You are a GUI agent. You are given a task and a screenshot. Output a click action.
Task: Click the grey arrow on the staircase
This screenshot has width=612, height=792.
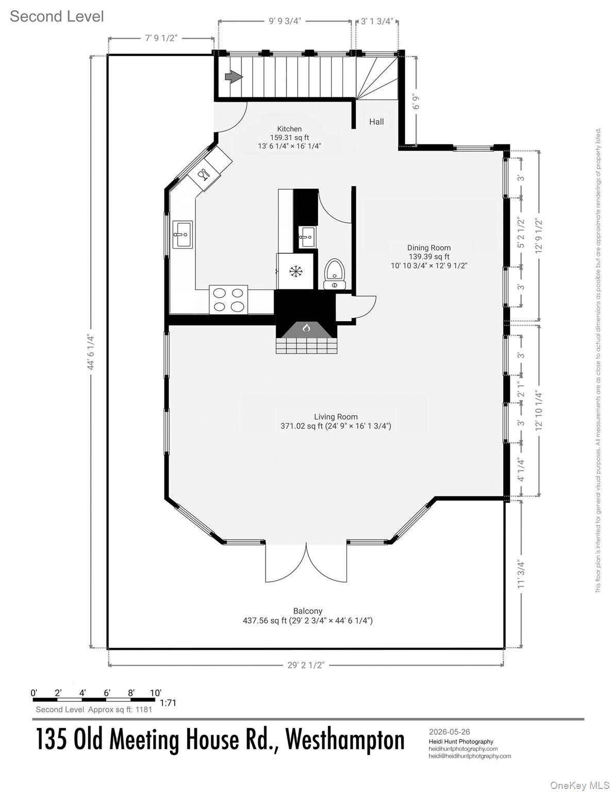[x=234, y=77]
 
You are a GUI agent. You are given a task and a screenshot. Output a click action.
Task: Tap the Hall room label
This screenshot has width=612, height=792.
[x=376, y=122]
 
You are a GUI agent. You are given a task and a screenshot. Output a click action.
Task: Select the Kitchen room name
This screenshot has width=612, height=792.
[x=289, y=129]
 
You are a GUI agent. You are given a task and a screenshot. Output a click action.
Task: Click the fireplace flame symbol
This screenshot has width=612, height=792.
[x=306, y=328]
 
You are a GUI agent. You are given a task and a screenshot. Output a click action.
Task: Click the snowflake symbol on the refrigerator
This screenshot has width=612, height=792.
[x=296, y=271]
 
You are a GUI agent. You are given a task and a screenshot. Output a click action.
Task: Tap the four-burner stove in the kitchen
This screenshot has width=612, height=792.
[x=228, y=299]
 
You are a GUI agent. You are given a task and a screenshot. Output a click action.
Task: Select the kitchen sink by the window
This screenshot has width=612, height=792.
[x=183, y=235]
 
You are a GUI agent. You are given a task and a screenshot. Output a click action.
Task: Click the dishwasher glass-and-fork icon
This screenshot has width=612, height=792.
[x=204, y=175]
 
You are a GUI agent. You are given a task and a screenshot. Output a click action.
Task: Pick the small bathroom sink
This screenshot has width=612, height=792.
[x=306, y=236]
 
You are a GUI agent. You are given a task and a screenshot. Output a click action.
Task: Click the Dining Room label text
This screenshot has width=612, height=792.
[x=429, y=248]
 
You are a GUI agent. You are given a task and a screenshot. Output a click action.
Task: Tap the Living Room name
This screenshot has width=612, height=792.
[x=336, y=417]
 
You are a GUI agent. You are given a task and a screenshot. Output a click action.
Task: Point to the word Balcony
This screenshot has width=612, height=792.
[x=308, y=611]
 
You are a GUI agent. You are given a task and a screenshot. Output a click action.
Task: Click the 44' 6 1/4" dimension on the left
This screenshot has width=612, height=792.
[x=91, y=353]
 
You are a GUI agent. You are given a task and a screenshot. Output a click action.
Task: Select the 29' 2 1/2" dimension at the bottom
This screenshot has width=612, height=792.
[x=306, y=665]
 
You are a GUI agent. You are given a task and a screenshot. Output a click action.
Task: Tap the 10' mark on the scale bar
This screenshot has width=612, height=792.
[x=156, y=692]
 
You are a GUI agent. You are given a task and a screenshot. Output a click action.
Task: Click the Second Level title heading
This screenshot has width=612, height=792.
[x=57, y=17]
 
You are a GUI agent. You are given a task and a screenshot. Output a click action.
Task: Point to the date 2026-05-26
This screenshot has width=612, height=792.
[x=450, y=732]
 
